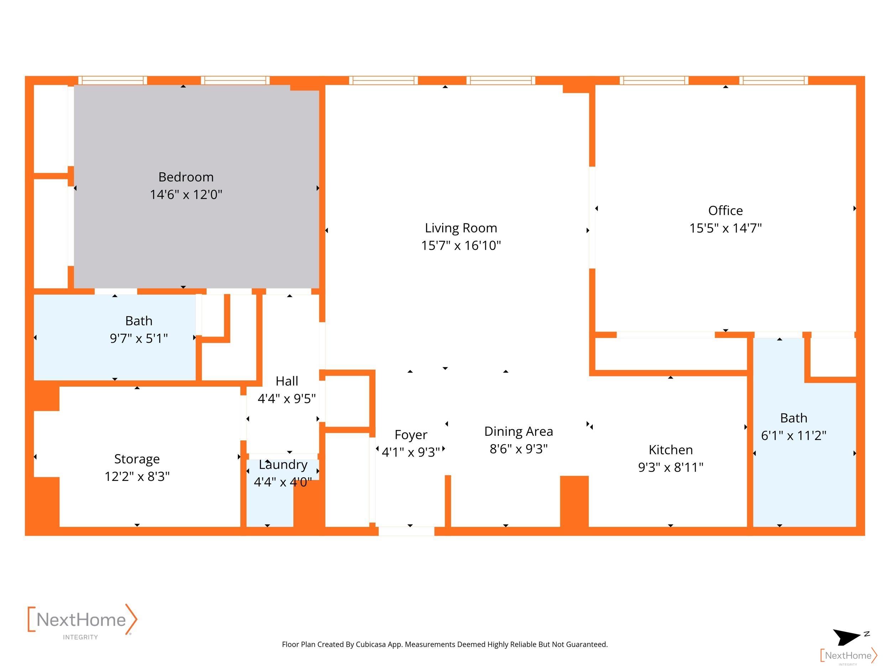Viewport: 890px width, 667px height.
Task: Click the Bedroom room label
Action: pos(186,177)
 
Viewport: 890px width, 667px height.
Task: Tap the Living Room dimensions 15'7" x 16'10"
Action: pos(461,245)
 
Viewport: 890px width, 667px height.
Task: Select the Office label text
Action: pos(726,210)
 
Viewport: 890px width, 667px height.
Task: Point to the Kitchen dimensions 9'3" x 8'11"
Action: pos(671,467)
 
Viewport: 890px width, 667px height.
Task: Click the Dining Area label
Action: pos(519,432)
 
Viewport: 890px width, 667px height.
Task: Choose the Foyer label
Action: pos(411,435)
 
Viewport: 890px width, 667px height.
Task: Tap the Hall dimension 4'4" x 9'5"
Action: pos(287,398)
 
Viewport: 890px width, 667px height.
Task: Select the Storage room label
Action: pos(137,459)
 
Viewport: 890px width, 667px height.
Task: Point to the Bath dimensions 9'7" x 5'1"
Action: pos(139,338)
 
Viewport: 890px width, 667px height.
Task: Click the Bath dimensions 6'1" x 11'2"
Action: pos(794,435)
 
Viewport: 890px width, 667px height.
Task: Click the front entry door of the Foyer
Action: pos(407,531)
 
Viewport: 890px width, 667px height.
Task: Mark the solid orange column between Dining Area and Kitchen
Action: pos(575,501)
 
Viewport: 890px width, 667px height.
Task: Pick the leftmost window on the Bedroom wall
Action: pos(112,80)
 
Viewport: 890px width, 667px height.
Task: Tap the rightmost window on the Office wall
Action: pos(774,80)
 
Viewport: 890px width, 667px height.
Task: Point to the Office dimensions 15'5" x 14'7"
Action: pos(726,228)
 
